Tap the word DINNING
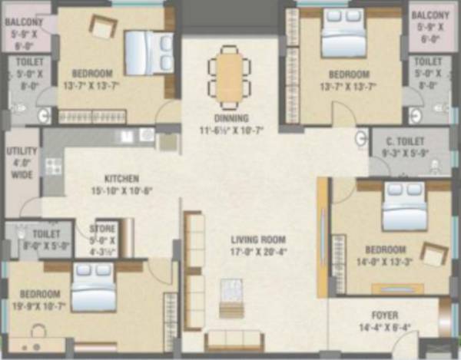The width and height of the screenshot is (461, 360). coord(231,119)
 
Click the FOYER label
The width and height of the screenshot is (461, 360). coord(384,314)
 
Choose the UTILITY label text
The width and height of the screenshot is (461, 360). coord(21,152)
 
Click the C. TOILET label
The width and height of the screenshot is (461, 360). coord(410,143)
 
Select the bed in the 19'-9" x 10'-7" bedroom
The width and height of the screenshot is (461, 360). coord(93,287)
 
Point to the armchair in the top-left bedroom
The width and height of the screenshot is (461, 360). coord(102,27)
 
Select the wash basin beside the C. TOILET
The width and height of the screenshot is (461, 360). coord(360,139)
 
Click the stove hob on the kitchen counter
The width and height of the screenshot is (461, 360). coord(53,165)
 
